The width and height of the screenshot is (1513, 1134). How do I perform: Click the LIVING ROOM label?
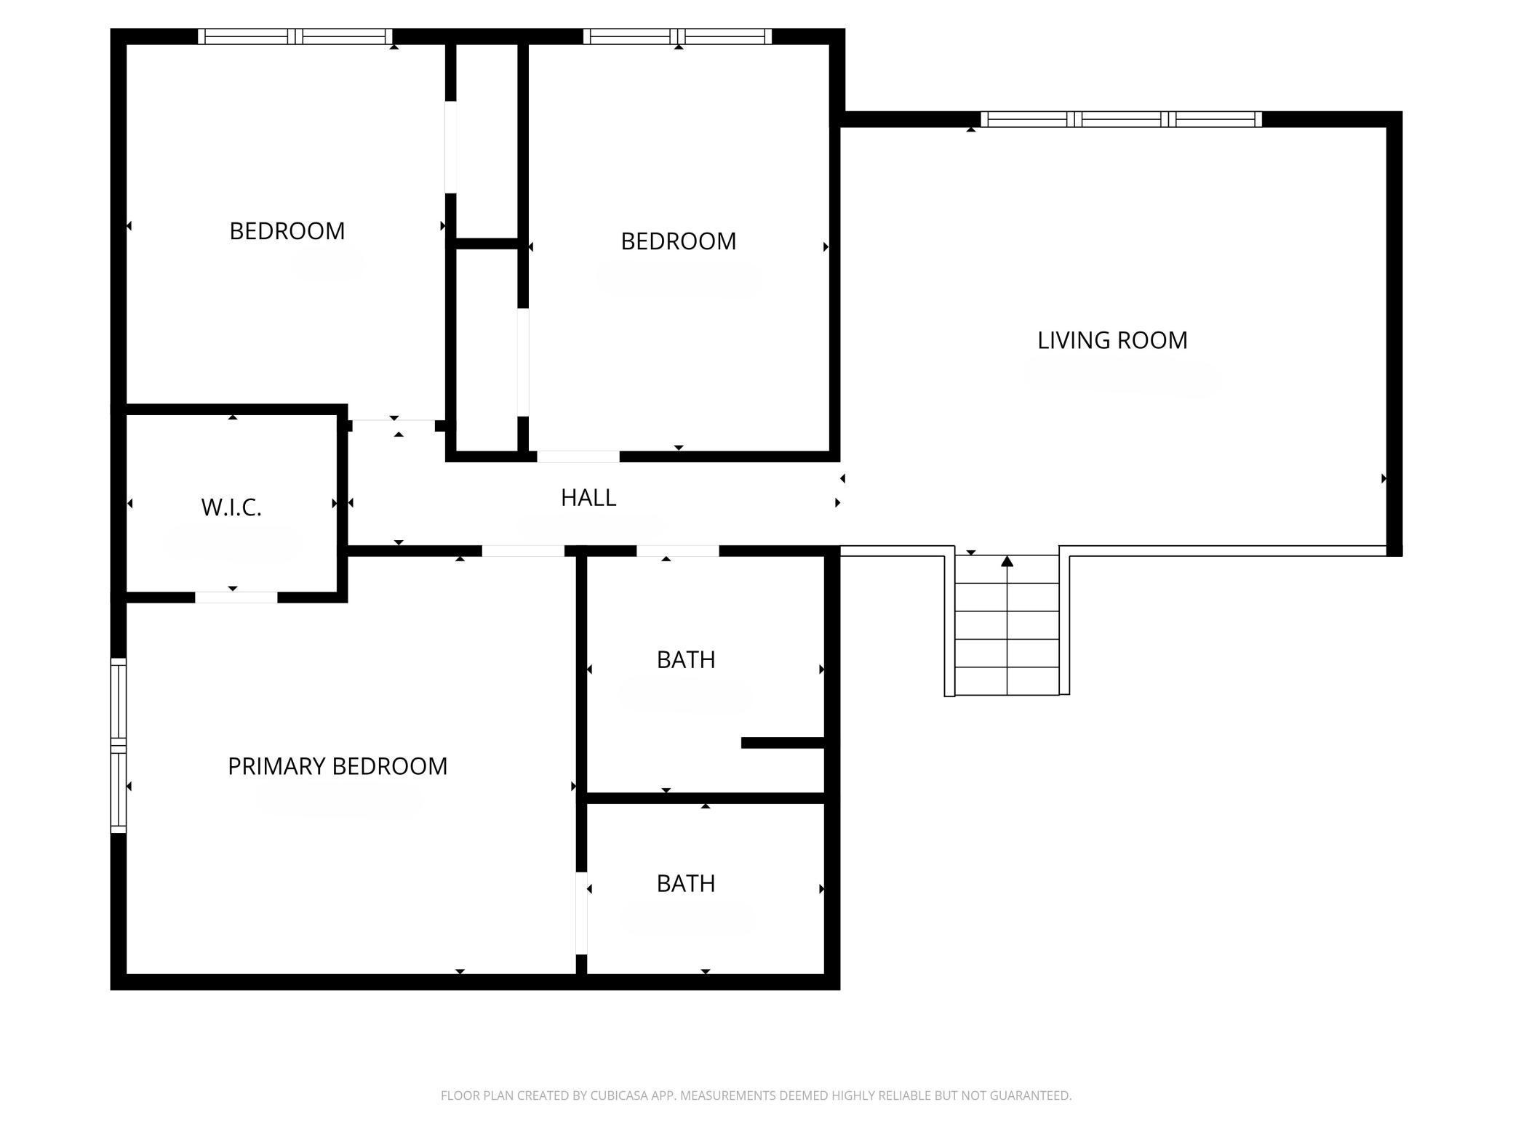(1111, 340)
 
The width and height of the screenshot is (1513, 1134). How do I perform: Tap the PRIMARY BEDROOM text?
(338, 766)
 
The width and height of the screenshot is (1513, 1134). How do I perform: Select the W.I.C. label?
(231, 507)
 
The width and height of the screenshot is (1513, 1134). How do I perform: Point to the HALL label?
(588, 498)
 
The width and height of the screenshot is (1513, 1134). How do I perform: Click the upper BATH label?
(686, 660)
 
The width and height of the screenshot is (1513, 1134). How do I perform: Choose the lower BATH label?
(686, 884)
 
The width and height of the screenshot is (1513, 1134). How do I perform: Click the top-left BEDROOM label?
(287, 231)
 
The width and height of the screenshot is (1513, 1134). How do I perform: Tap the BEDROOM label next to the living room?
(678, 241)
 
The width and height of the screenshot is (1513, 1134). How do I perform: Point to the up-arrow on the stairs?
(1007, 561)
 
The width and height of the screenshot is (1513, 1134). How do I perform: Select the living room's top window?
(1121, 119)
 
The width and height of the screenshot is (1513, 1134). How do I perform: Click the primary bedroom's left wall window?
(118, 745)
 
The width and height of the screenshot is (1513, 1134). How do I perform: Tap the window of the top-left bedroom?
(295, 36)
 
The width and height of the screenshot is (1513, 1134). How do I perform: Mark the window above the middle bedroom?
(677, 36)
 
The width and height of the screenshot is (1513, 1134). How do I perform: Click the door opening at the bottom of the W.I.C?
(236, 598)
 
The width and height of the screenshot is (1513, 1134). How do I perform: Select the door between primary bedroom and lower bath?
(581, 913)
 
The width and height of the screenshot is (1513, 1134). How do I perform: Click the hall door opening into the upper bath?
(677, 551)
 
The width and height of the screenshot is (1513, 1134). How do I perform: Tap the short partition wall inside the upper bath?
(782, 743)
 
